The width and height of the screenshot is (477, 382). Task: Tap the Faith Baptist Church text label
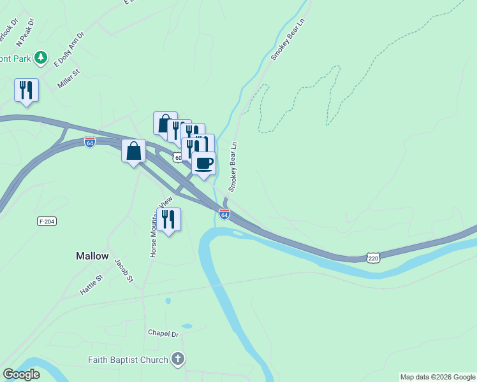(128, 360)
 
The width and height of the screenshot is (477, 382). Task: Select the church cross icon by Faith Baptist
(178, 360)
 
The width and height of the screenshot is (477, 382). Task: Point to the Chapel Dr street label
(163, 333)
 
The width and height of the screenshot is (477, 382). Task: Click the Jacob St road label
(123, 270)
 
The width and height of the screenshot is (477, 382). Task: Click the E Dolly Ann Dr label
(69, 50)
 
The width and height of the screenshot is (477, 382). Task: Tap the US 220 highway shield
(374, 257)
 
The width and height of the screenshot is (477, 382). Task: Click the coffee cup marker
(203, 164)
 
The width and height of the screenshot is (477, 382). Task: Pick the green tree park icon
(41, 58)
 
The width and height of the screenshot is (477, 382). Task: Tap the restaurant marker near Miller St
(26, 90)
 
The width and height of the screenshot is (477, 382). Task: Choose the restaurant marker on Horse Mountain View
(168, 219)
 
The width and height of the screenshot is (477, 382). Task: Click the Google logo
(22, 374)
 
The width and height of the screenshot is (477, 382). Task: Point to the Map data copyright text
(437, 377)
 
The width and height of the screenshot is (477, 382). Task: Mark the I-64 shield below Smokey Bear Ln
(224, 215)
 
